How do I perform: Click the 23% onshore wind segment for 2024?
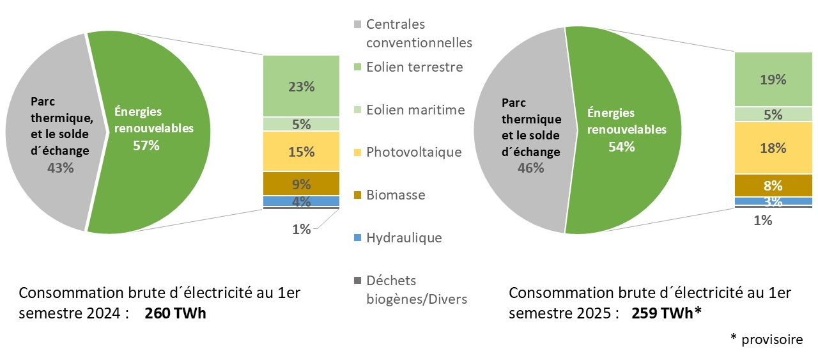click(x=301, y=86)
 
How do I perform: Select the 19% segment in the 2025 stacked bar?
click(x=773, y=79)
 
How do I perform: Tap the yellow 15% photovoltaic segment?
click(x=301, y=152)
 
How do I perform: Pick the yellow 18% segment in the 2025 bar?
click(x=773, y=148)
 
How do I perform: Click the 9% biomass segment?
click(x=301, y=184)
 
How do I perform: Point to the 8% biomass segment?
click(x=773, y=185)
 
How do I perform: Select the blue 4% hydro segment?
click(x=301, y=201)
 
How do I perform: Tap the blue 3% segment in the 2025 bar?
click(x=773, y=201)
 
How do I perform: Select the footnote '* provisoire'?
click(x=766, y=340)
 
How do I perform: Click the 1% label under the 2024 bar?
click(x=301, y=229)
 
